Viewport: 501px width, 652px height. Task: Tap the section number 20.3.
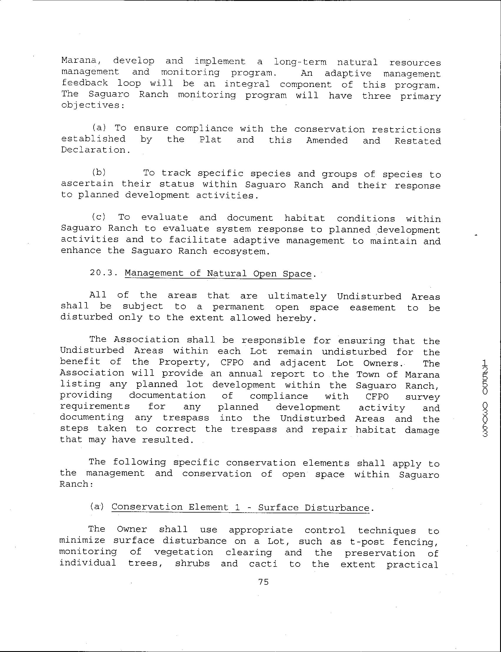(x=102, y=273)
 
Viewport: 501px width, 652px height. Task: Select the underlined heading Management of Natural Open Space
(x=218, y=273)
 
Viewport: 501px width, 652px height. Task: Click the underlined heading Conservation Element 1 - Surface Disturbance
(x=240, y=507)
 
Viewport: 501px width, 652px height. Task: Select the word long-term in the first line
(x=300, y=62)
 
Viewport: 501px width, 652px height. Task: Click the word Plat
(x=210, y=139)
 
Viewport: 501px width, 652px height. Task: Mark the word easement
(x=372, y=307)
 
